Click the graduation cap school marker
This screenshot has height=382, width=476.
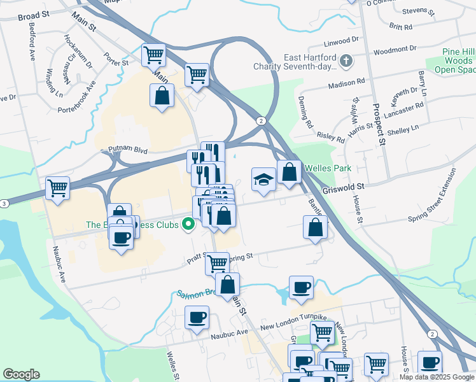(263, 179)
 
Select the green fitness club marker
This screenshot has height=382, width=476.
(188, 224)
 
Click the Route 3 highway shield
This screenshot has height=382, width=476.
(4, 203)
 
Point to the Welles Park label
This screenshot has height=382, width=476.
(328, 168)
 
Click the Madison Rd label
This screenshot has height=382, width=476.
(347, 83)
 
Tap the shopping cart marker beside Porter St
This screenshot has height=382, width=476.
(153, 55)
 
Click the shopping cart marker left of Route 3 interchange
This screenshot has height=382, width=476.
(57, 188)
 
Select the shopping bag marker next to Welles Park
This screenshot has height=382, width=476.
(289, 171)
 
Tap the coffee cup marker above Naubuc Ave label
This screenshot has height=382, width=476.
(197, 316)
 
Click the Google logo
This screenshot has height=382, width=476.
(21, 374)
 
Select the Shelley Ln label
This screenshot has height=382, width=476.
(406, 128)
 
